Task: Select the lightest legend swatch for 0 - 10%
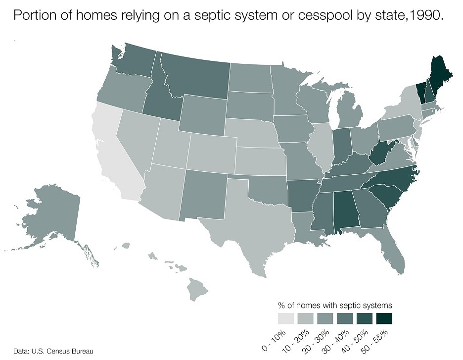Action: [285, 318]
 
